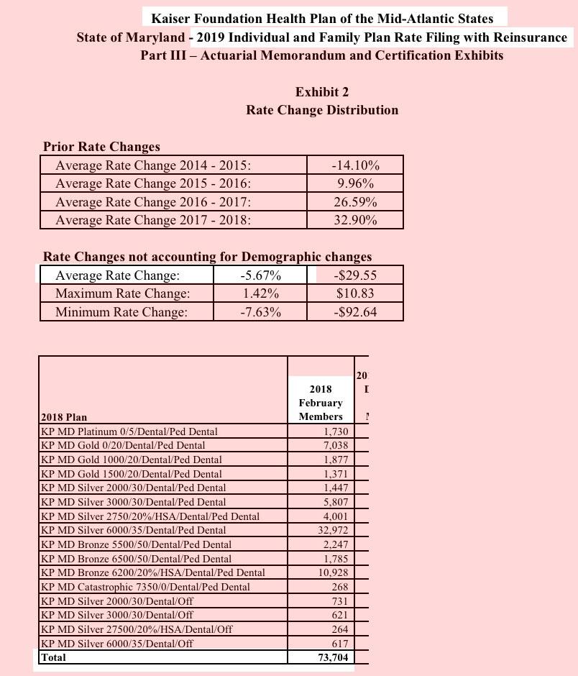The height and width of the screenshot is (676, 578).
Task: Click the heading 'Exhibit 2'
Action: pos(322,92)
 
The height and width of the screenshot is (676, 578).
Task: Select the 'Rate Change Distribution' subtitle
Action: pos(322,110)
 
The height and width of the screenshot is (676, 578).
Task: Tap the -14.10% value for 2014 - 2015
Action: pos(355,165)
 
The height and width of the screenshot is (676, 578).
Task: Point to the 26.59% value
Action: pos(355,202)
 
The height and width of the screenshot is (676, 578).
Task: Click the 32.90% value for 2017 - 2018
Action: pos(355,220)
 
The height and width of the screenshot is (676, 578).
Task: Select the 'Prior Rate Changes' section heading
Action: pos(101,147)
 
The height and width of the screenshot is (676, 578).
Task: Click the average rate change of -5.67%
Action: pos(260,275)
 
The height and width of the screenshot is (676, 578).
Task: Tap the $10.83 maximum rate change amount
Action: pos(355,293)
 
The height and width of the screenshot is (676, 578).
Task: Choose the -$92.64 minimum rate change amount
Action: pos(355,312)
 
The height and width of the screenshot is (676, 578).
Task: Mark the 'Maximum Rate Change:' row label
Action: pos(122,293)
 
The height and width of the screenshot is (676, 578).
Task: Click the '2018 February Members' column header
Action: pos(321,403)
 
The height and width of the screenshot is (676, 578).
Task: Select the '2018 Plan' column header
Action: pos(64,417)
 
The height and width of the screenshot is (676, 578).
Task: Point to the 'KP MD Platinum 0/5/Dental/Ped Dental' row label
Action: pos(129,431)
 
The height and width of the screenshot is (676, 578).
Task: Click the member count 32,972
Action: pos(332,530)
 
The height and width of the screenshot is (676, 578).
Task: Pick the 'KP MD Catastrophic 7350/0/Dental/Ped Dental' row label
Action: pos(145,587)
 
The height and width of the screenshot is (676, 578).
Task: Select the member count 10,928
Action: pos(332,572)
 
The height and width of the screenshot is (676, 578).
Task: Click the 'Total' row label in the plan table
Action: pos(54,657)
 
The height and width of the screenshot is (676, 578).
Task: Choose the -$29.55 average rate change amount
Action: pos(355,275)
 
